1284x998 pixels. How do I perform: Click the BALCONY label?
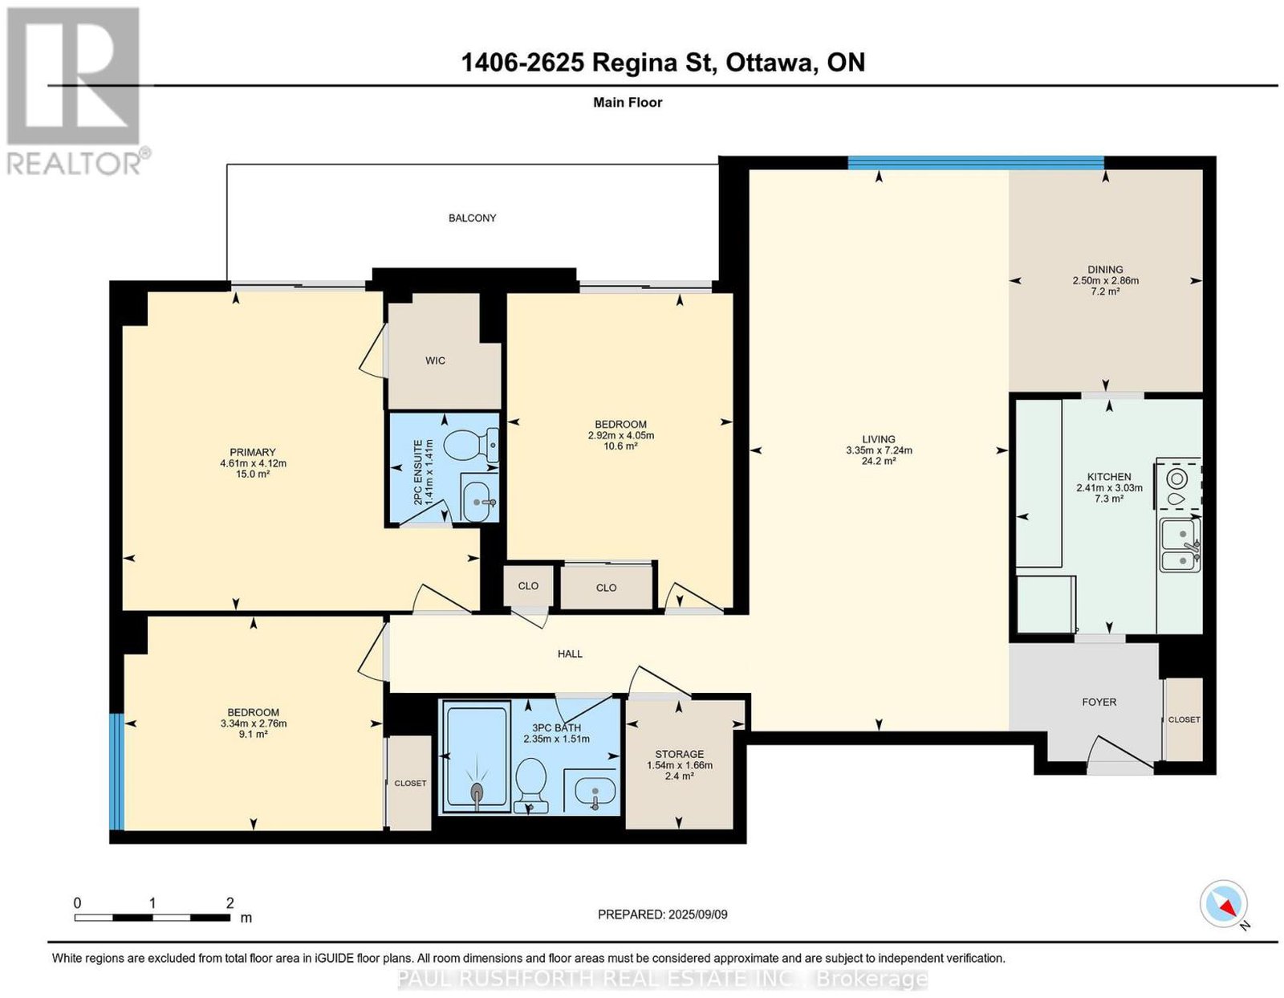point(472,218)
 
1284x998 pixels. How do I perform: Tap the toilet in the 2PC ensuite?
point(470,446)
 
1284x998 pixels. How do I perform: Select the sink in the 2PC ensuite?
point(479,501)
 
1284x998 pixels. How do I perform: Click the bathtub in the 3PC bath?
point(477,757)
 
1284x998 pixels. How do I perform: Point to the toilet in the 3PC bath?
point(530,784)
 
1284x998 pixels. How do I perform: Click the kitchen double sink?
point(1180,545)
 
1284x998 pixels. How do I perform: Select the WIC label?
point(435,361)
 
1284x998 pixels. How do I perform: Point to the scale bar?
point(152,918)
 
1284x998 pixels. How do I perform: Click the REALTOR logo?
point(75,92)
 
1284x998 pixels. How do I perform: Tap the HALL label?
point(570,654)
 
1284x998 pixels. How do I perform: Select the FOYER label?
point(1099,702)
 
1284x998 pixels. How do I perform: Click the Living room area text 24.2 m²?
point(879,461)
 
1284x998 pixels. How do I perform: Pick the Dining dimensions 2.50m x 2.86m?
point(1105,281)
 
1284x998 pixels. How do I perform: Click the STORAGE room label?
point(679,754)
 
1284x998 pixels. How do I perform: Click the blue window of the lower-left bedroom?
point(118,772)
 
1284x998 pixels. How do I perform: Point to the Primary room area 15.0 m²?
point(253,474)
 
